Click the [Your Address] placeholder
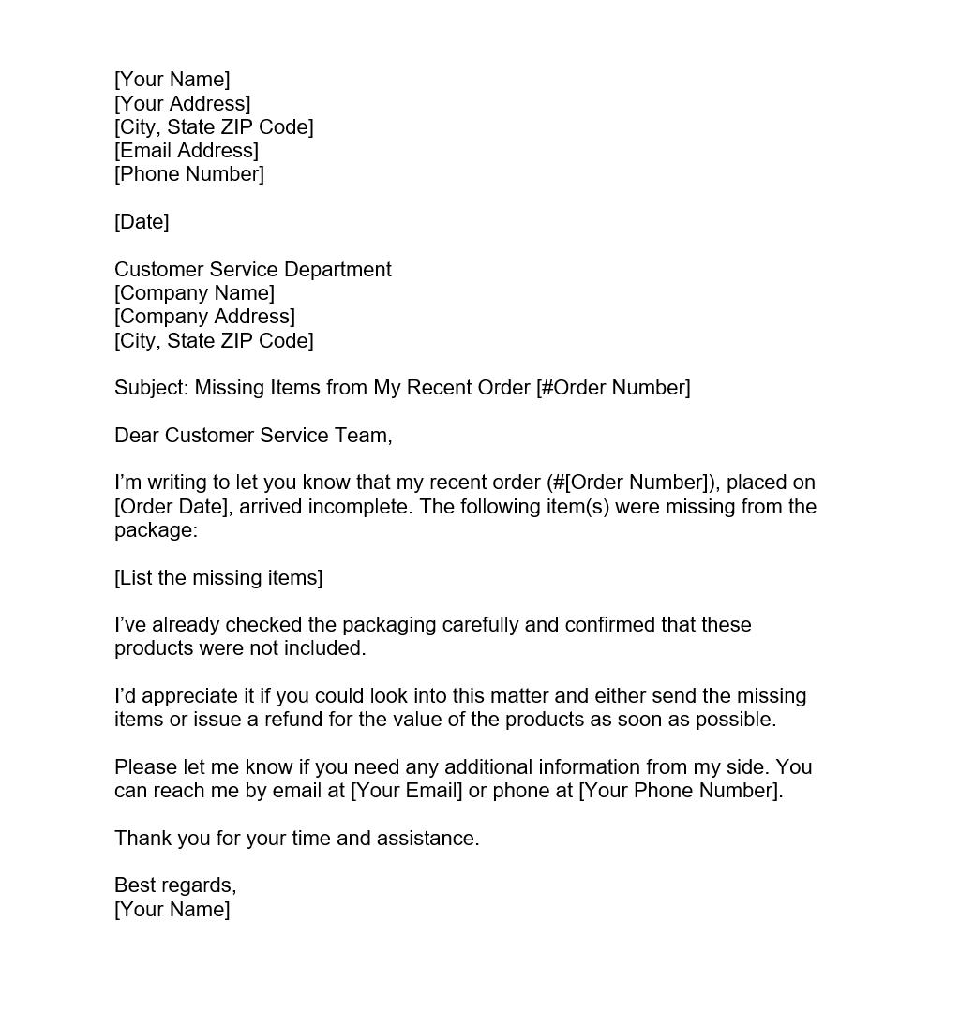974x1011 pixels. pos(183,103)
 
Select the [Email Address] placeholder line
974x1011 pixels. pos(187,150)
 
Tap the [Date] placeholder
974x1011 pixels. pos(142,222)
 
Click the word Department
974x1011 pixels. pos(337,270)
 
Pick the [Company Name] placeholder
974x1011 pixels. pos(194,293)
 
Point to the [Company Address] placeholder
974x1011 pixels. pos(204,317)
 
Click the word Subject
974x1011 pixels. pos(150,388)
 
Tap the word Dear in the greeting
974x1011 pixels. pos(137,436)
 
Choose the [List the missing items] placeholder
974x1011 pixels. pos(218,578)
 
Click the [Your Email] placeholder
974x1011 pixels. pos(406,791)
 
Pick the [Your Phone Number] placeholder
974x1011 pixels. pos(680,791)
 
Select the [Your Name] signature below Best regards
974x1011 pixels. pos(172,910)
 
